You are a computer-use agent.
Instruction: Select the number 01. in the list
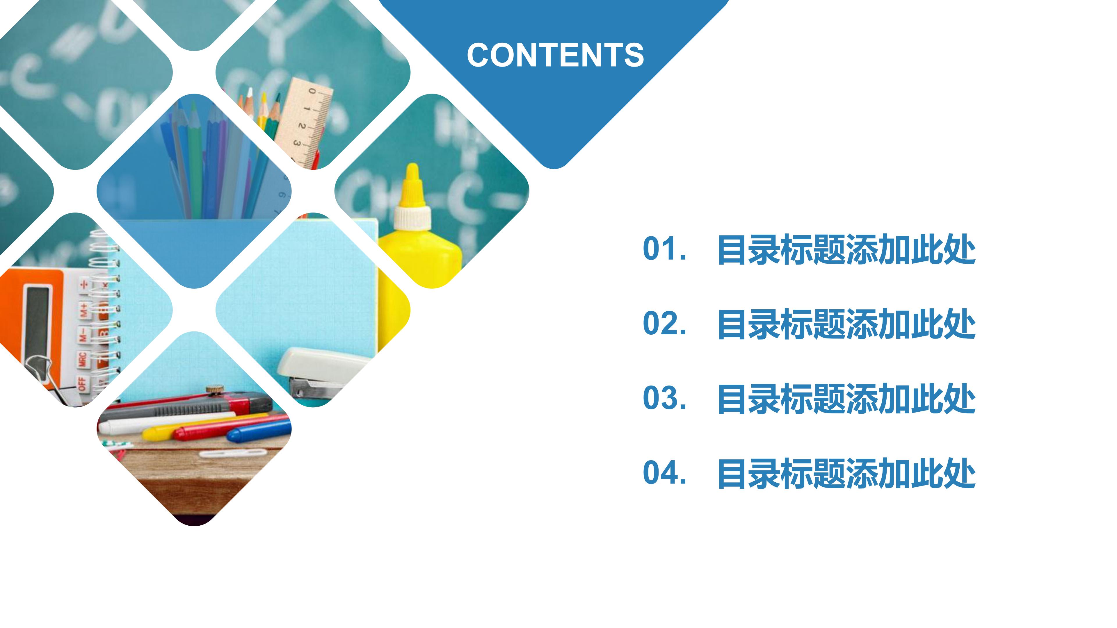pos(664,249)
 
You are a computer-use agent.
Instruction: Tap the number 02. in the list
pos(664,324)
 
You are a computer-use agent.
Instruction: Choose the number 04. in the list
pos(664,473)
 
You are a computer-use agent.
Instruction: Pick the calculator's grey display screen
pos(37,321)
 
